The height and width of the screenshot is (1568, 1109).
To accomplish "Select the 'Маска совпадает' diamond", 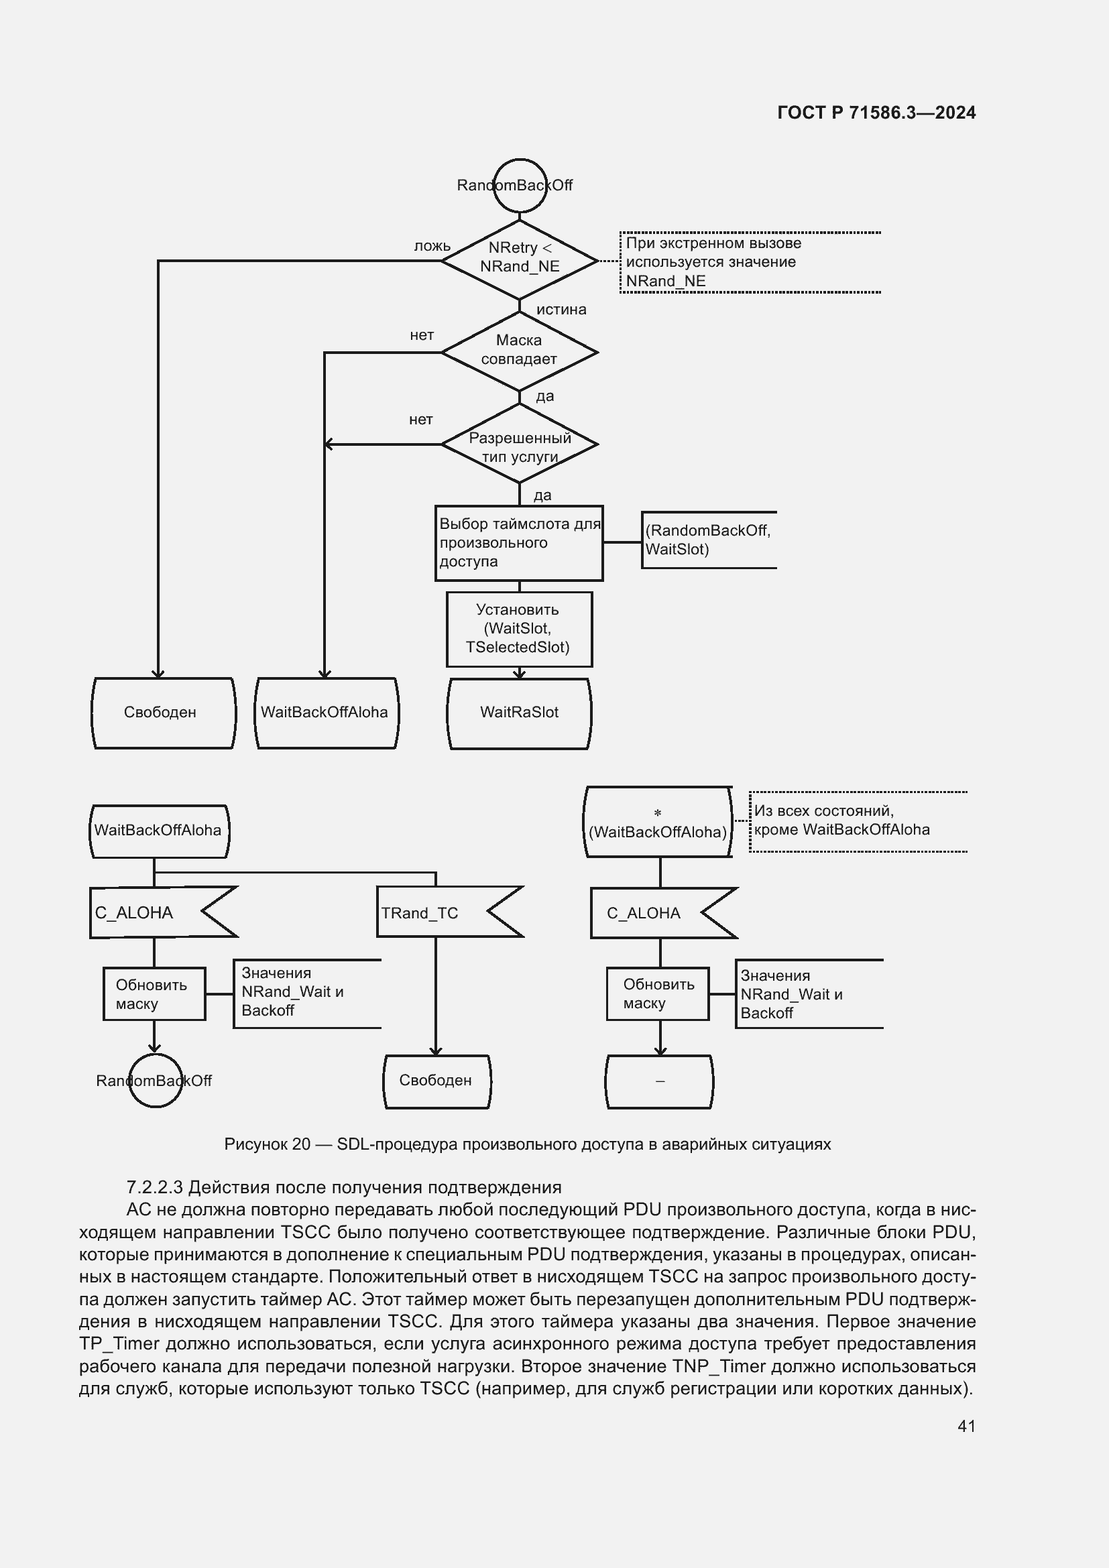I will point(519,351).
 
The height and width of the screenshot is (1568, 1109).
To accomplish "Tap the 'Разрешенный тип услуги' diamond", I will point(519,444).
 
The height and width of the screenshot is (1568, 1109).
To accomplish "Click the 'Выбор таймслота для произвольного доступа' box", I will point(519,543).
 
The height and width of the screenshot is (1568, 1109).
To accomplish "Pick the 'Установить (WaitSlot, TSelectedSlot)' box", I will point(519,628).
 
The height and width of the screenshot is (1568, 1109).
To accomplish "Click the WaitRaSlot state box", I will point(519,713).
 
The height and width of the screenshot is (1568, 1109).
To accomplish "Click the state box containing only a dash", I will point(659,1081).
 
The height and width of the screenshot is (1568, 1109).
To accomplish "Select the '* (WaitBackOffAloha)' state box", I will point(658,823).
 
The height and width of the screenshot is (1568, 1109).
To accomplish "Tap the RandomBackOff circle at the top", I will point(520,185).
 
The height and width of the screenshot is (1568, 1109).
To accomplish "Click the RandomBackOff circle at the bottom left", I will point(155,1081).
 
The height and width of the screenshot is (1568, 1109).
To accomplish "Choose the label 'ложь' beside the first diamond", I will point(432,246).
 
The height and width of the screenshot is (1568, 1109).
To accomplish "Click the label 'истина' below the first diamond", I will point(561,309).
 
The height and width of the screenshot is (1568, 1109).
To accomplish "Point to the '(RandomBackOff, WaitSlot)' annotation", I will point(708,540).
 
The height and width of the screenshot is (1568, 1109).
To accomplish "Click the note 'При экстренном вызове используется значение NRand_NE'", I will point(713,262).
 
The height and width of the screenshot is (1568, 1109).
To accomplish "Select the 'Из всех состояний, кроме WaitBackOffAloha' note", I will point(841,820).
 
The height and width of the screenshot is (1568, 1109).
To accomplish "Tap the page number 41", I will point(966,1426).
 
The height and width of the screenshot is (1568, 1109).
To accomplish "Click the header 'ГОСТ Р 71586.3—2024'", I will point(876,113).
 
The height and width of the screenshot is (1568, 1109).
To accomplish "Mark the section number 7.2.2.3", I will point(154,1188).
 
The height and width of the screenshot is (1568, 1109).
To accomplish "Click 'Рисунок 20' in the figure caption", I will point(267,1144).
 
